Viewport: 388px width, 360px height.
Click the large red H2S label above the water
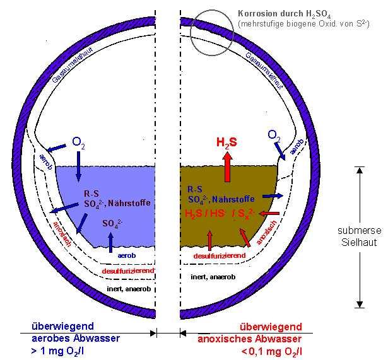[x=226, y=142]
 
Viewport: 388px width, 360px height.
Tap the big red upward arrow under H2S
[x=226, y=166]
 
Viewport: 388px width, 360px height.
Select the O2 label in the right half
[x=274, y=135]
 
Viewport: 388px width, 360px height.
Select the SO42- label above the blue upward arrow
[x=113, y=224]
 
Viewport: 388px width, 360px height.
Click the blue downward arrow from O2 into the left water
[x=79, y=165]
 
